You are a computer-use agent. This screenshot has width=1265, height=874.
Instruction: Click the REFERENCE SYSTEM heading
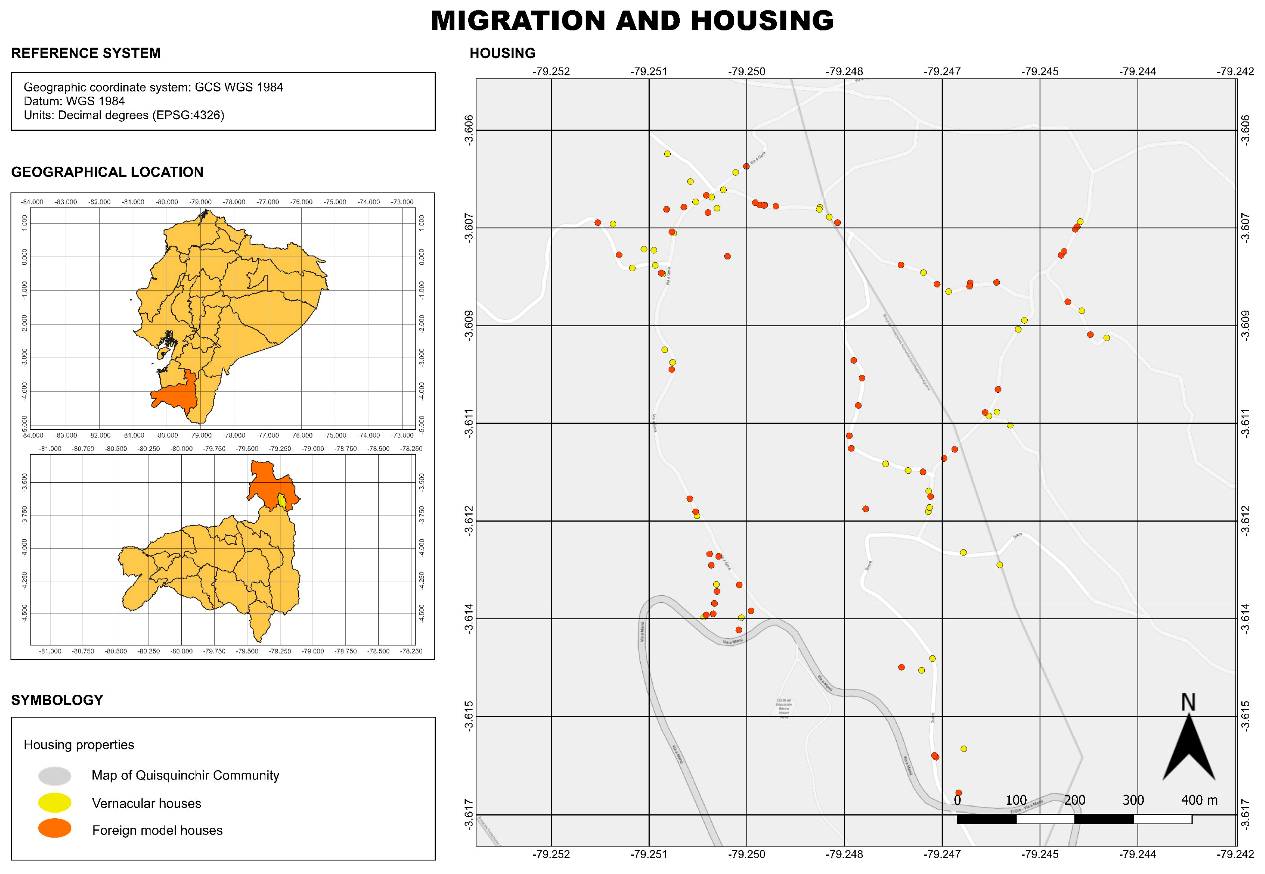coord(86,53)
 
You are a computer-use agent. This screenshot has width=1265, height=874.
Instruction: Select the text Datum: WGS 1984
coord(74,101)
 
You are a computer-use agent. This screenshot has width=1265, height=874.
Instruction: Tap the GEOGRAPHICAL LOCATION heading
coord(107,172)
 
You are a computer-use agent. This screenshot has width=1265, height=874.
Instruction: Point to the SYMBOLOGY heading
coord(57,700)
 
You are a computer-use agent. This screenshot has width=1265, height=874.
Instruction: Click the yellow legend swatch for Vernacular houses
coord(55,803)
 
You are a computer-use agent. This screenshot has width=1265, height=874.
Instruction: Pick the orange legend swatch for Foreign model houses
coord(55,828)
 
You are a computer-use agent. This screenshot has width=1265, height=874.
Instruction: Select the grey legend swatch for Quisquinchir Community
coord(55,776)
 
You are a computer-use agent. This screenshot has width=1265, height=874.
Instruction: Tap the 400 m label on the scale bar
coord(1199,800)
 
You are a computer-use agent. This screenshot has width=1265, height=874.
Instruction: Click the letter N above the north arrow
coord(1188,702)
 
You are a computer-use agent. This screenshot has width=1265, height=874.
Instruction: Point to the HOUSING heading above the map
coord(502,53)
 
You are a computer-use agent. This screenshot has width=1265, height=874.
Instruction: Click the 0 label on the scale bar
coord(957,800)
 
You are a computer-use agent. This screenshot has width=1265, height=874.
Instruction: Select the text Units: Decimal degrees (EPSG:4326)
coord(124,115)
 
